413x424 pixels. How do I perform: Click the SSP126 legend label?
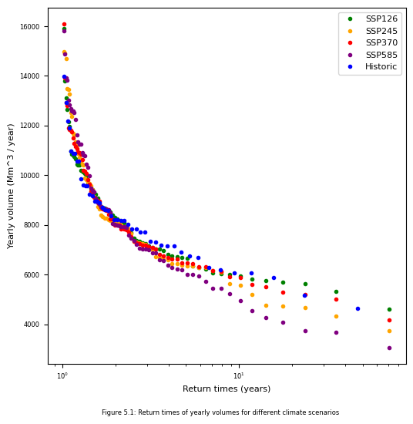(x=381, y=19)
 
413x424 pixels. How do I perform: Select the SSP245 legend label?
(x=381, y=31)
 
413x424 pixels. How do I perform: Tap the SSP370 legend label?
(x=381, y=42)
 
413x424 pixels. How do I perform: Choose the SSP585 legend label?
(x=381, y=55)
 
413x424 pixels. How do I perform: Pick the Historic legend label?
(x=381, y=66)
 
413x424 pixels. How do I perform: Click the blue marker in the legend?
(x=351, y=66)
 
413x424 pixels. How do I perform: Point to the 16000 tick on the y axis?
(x=30, y=27)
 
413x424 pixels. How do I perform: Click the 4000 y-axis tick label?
(x=32, y=325)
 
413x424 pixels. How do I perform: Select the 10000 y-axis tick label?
(x=30, y=176)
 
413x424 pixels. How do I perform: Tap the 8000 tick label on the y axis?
(x=32, y=225)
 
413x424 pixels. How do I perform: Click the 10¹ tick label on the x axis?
(x=238, y=376)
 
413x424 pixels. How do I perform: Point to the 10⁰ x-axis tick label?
(x=62, y=376)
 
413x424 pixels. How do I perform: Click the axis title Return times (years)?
(x=227, y=389)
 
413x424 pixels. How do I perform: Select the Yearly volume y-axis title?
(x=10, y=187)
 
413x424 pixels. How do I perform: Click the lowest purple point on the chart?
(x=389, y=348)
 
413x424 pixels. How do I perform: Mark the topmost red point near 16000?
(x=64, y=25)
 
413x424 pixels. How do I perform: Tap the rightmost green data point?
(x=389, y=309)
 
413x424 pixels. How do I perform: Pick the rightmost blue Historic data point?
(x=358, y=308)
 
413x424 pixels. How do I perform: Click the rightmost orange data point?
(x=389, y=331)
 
